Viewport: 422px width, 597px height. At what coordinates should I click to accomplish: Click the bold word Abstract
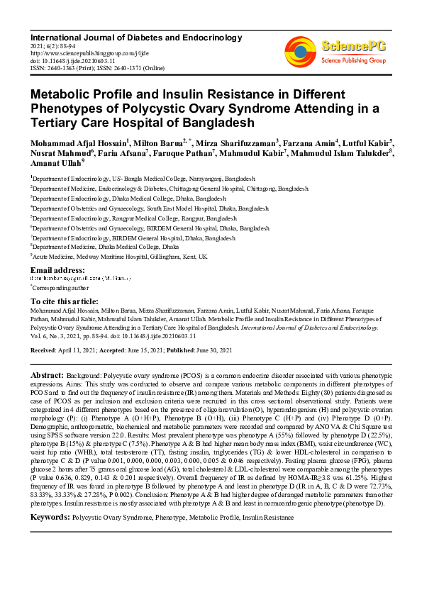click(x=49, y=374)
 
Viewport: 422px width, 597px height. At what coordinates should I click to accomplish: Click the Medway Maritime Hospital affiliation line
click(x=120, y=256)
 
